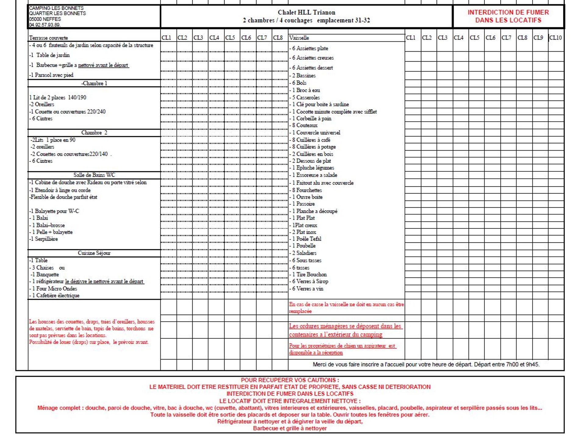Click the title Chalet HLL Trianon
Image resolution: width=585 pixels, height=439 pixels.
(306, 12)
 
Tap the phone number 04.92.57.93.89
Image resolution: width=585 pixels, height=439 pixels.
(45, 25)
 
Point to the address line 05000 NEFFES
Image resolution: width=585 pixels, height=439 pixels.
(45, 19)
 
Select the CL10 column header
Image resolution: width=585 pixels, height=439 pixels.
(555, 38)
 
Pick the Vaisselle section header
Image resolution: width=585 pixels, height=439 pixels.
(299, 38)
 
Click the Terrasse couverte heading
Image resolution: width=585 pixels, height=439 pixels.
(48, 38)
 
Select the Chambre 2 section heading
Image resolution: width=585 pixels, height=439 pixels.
(94, 133)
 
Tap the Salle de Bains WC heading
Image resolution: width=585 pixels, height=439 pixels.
(94, 175)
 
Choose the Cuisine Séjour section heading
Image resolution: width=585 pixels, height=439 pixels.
(94, 253)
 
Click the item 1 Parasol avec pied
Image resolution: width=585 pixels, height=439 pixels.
(52, 75)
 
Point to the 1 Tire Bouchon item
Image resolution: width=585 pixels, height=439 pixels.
(310, 274)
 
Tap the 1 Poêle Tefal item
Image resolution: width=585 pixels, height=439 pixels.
(307, 239)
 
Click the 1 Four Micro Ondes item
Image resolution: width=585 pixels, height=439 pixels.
(54, 288)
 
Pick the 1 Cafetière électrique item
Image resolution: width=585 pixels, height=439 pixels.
(55, 295)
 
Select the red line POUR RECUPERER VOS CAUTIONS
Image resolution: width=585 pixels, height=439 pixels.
(290, 380)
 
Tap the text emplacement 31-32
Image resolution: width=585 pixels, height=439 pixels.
(343, 20)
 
